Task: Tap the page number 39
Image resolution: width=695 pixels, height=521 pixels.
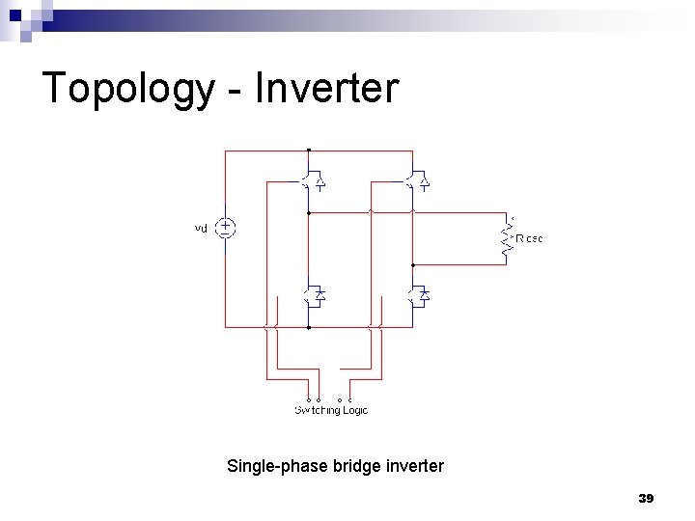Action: coord(647,498)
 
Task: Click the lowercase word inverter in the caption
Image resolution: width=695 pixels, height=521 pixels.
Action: coord(413,467)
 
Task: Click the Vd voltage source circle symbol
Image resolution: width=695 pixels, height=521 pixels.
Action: coord(225,229)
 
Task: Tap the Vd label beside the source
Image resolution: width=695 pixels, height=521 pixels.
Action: coord(201,229)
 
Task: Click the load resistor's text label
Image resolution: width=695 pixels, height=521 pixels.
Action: coord(529,237)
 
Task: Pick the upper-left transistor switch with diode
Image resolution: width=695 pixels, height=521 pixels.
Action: coord(311,180)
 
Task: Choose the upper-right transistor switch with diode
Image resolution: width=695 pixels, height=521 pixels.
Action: coord(417,180)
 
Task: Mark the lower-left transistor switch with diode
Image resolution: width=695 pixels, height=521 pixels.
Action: coord(311,295)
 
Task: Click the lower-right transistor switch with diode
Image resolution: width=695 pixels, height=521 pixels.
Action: coord(417,295)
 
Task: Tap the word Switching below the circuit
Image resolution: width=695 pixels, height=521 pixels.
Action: coord(316,410)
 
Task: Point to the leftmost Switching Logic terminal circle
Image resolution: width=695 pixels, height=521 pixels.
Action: coord(309,398)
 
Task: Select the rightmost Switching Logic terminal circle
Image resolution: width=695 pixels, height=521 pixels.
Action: coord(349,398)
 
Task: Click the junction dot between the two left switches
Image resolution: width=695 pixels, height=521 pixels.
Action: coord(308,211)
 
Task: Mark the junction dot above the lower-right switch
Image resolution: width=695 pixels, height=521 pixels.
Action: coord(413,263)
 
